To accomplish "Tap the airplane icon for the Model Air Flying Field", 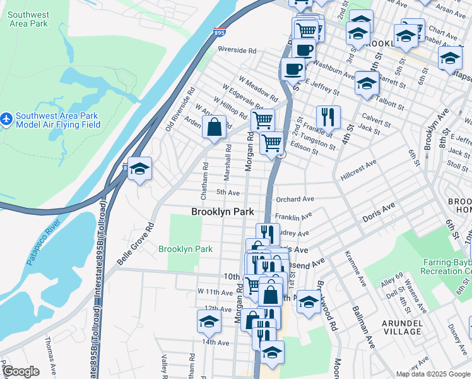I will coord(7,118).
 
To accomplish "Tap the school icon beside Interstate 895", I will coord(139,169).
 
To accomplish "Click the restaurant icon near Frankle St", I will coord(327,116).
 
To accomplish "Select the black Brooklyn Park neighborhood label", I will coord(222,212).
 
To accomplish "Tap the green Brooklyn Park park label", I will coord(186,249).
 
